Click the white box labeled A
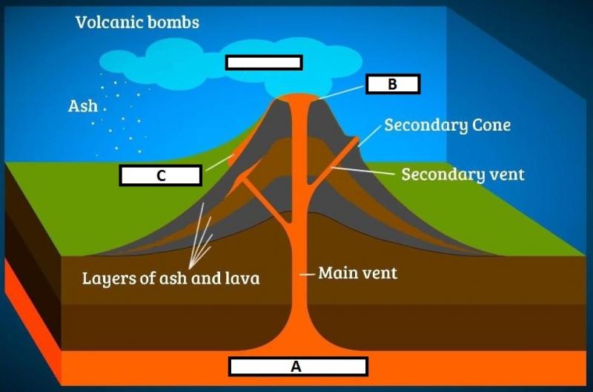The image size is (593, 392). point(298,366)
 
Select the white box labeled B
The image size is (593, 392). point(393,84)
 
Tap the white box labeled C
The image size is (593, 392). point(161,175)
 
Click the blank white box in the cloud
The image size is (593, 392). point(264,62)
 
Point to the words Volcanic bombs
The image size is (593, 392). point(137,22)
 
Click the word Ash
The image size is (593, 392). point(83,106)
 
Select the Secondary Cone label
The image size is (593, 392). point(448,125)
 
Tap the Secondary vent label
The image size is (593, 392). point(463,174)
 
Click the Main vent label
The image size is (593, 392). point(358,272)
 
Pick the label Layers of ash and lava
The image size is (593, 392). point(171,278)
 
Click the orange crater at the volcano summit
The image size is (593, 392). point(298,97)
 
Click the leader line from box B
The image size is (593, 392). point(342,92)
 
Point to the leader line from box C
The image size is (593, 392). point(219,163)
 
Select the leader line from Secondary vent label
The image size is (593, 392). point(364,171)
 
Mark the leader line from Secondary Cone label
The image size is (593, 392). point(369,136)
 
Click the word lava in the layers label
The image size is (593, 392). point(242,278)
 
